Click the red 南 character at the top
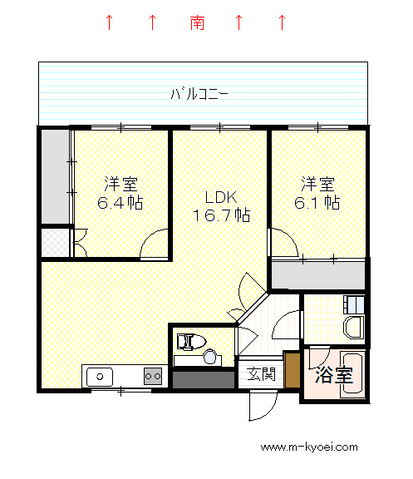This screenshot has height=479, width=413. click(x=197, y=22)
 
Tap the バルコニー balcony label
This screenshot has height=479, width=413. click(x=199, y=94)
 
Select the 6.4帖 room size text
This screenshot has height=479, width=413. click(x=120, y=202)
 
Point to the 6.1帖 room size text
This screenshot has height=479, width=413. click(x=317, y=202)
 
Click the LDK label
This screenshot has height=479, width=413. click(x=221, y=197)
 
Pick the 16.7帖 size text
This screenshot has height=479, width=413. click(x=222, y=215)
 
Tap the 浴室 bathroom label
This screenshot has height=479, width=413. click(x=333, y=374)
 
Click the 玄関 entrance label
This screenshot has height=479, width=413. click(x=261, y=374)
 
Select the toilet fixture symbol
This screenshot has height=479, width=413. click(x=191, y=342)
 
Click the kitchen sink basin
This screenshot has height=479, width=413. click(x=100, y=377)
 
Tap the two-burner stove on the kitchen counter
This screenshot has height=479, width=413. click(x=153, y=376)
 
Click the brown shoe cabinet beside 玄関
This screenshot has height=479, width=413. click(x=293, y=369)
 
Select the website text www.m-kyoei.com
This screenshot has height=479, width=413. click(x=309, y=447)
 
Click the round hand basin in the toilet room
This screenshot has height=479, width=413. click(x=210, y=357)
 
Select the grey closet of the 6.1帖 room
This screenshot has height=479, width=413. click(x=318, y=275)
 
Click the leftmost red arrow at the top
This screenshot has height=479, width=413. click(x=109, y=22)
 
